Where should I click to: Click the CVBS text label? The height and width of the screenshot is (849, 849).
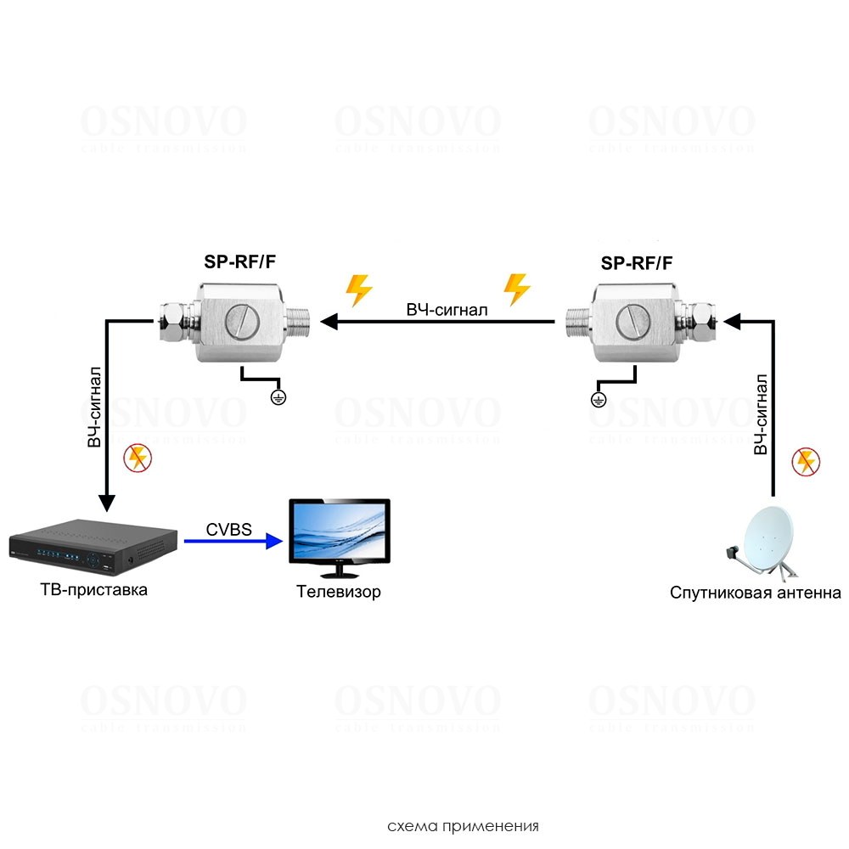[x=228, y=530]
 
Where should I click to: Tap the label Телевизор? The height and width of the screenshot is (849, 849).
[x=338, y=592]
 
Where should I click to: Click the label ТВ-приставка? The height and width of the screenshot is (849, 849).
[x=93, y=588]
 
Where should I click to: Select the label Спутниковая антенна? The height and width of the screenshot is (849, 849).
[x=755, y=592]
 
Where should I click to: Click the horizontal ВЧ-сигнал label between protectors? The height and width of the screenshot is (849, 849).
[x=447, y=310]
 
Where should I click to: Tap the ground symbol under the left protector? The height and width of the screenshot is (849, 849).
[x=277, y=396]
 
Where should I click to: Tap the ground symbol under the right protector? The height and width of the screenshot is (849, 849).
[x=598, y=399]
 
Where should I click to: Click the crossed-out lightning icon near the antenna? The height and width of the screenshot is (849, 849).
[x=806, y=462]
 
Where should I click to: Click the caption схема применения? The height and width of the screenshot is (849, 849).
[x=463, y=825]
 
